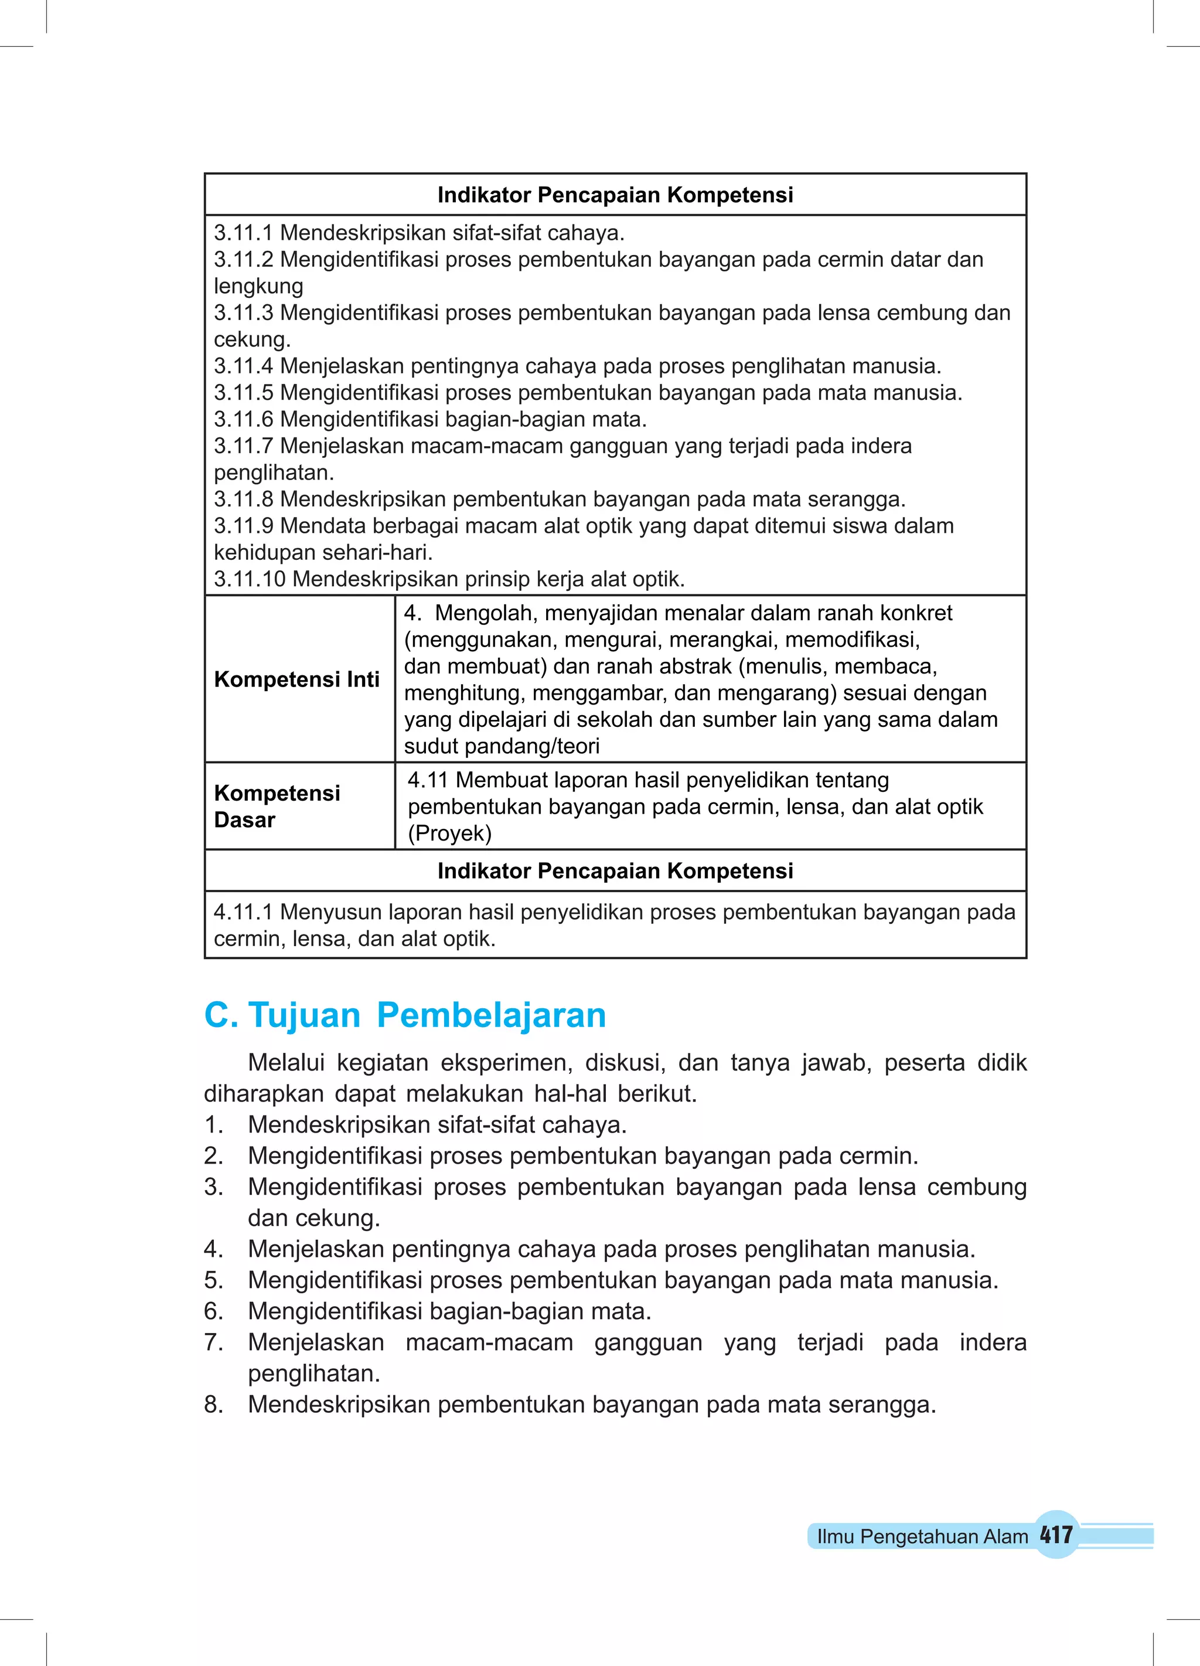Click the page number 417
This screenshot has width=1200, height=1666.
click(x=1056, y=1535)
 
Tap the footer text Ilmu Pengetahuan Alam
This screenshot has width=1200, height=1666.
click(x=922, y=1536)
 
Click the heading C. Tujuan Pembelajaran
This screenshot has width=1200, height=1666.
click(x=405, y=1015)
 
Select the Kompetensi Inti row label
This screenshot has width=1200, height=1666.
click(x=296, y=679)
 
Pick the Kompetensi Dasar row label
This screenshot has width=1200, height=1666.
click(x=277, y=807)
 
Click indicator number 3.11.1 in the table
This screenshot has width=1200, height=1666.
click(x=243, y=233)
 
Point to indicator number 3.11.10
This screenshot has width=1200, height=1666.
click(x=250, y=579)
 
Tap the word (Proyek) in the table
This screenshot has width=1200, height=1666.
click(x=449, y=833)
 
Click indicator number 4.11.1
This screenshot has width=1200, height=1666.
click(x=243, y=912)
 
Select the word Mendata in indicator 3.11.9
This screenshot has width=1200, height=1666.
click(x=323, y=526)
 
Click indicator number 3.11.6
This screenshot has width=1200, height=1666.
click(x=243, y=420)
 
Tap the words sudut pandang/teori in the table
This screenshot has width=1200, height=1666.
click(x=502, y=746)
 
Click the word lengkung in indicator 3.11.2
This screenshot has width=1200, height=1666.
click(x=258, y=287)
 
